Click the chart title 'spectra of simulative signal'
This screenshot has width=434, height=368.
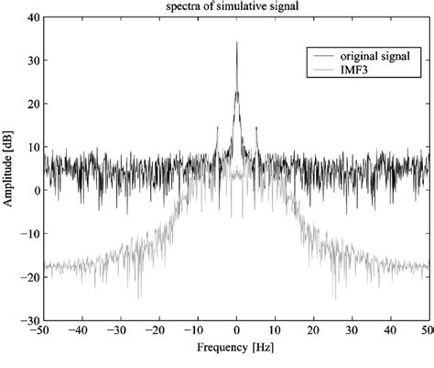(236, 7)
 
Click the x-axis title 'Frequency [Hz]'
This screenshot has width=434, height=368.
(236, 350)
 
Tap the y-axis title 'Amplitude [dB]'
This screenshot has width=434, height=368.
(8, 168)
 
